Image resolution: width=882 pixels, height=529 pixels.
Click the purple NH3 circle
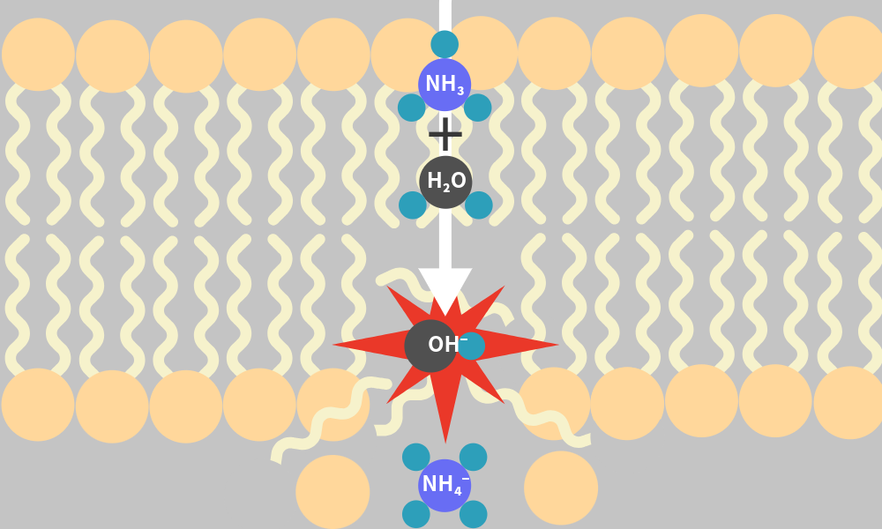pos(445,85)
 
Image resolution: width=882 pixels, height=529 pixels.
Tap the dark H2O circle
pos(445,182)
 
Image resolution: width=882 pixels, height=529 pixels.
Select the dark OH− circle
pos(431,346)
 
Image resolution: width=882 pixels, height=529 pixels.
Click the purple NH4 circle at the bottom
pos(445,485)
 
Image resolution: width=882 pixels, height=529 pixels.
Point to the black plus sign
pos(445,134)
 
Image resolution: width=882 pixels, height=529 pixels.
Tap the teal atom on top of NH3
pos(445,44)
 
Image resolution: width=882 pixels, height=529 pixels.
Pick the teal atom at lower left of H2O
pos(412,205)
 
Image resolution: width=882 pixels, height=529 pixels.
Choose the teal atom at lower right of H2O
pos(478,205)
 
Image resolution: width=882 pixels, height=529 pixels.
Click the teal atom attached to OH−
pos(471,346)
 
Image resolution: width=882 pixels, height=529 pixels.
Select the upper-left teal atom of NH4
pos(416,457)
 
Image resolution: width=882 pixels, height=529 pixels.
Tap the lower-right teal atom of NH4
pos(473,514)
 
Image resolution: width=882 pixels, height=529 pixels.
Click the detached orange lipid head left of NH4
pos(333,492)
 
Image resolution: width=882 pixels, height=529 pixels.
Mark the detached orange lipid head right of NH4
pos(561,488)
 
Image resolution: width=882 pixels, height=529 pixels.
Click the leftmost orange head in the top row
pos(38,55)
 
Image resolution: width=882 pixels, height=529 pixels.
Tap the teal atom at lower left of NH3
pos(411,108)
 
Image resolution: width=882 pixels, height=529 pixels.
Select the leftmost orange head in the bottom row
pos(38,405)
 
